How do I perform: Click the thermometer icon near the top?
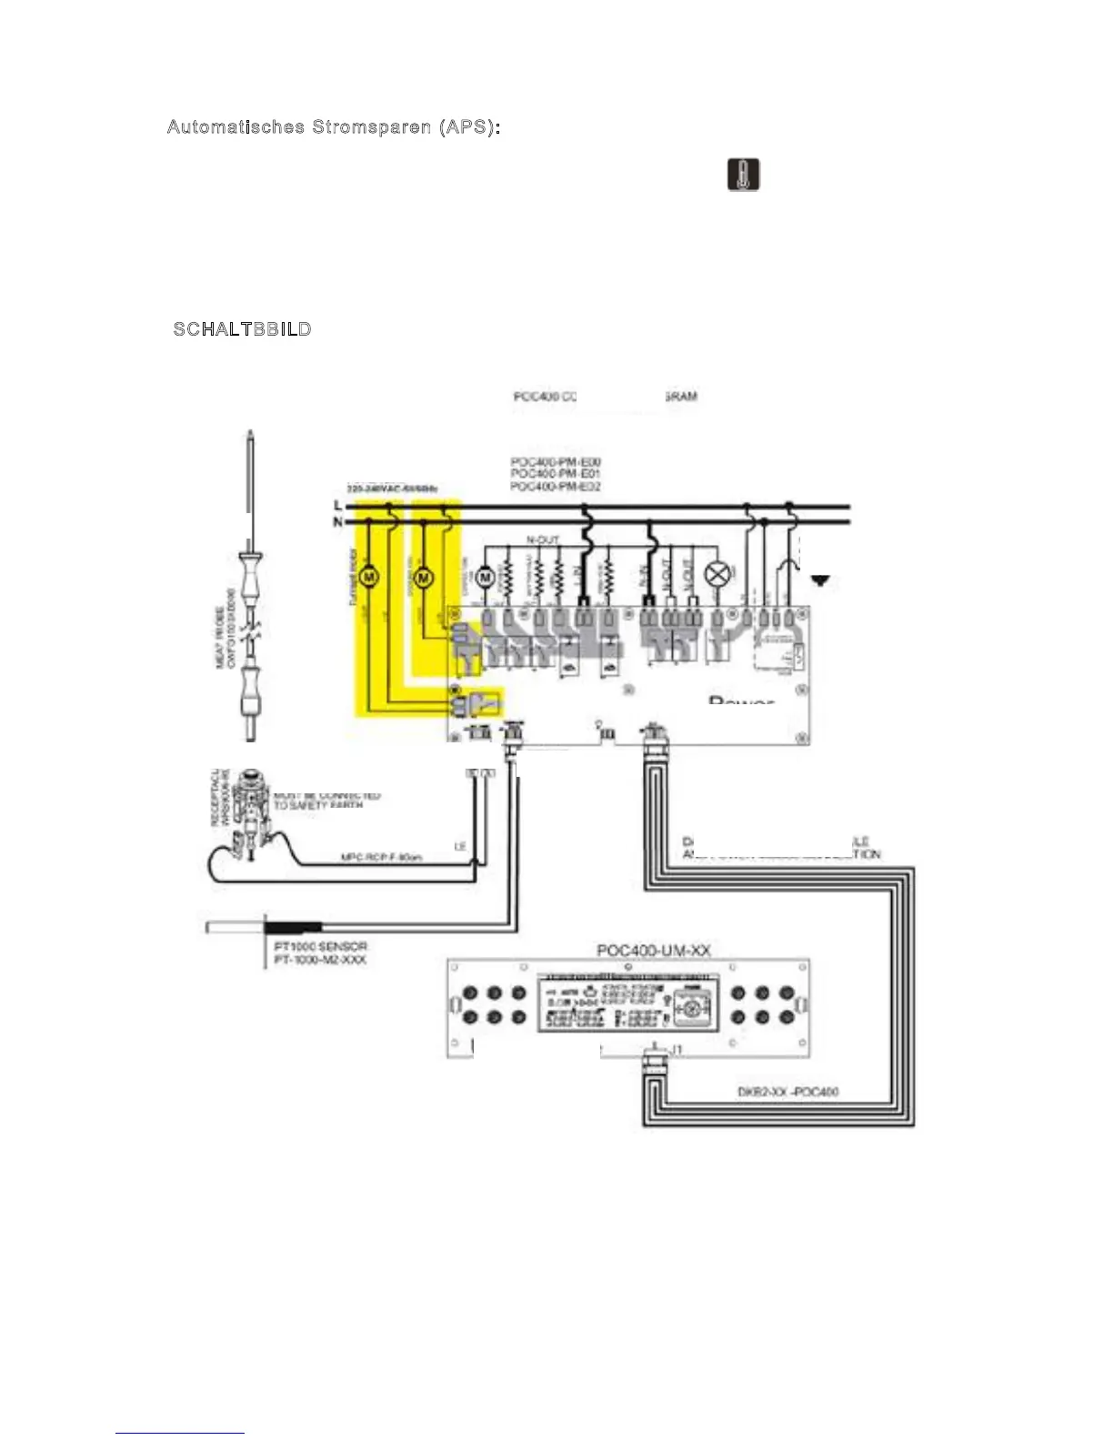(x=743, y=175)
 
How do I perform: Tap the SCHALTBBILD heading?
(x=243, y=329)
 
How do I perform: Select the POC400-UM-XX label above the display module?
(x=653, y=951)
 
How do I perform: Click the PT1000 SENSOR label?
(x=320, y=946)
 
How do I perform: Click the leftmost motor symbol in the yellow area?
(x=369, y=577)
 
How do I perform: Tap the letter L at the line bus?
(x=338, y=506)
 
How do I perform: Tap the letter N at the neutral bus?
(x=338, y=522)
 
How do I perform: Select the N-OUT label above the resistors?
(x=543, y=540)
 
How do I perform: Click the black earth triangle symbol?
(x=820, y=580)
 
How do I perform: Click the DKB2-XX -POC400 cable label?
(x=787, y=1092)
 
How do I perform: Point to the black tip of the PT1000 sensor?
(x=292, y=928)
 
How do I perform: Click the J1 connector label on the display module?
(x=676, y=1050)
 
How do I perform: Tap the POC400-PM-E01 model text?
(x=555, y=474)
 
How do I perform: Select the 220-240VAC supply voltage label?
(x=392, y=489)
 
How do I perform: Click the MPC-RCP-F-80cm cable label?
(x=381, y=857)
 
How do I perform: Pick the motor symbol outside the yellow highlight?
(x=485, y=577)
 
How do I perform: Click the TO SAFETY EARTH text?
(x=317, y=805)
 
